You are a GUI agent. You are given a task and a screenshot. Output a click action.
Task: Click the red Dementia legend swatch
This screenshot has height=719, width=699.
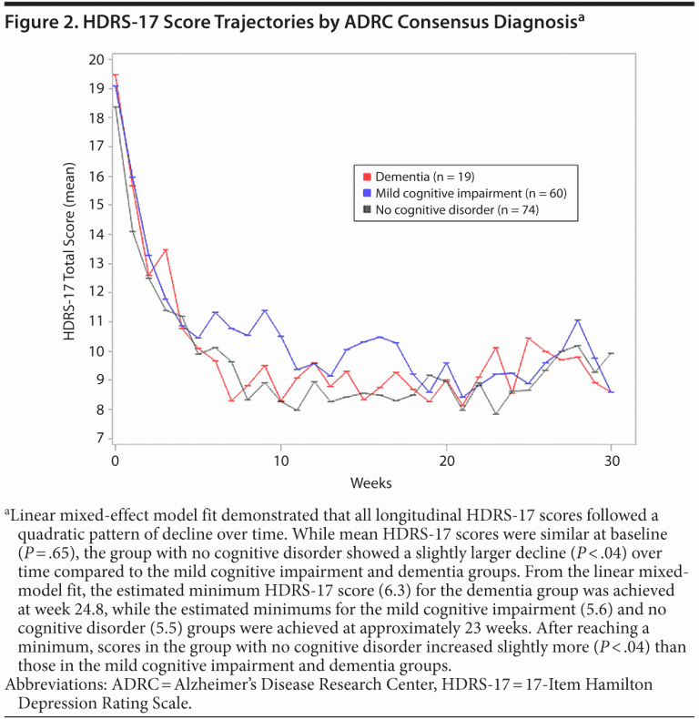pos(367,176)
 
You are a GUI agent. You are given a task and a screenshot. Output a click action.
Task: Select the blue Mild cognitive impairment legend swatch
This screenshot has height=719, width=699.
pos(367,193)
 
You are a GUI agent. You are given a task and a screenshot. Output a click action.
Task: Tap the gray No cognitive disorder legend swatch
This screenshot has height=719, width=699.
pos(367,209)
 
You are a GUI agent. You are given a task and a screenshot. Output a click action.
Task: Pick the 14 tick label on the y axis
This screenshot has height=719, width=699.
pos(97,234)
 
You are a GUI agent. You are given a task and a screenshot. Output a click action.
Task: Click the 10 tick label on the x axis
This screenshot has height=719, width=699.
pos(280,461)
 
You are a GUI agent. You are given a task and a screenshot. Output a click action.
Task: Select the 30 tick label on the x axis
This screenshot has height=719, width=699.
pos(612,461)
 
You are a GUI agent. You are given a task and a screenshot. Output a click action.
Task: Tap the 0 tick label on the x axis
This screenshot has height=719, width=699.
pos(116,461)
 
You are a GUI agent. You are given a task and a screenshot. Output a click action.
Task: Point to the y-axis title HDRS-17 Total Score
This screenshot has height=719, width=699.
pos(69,248)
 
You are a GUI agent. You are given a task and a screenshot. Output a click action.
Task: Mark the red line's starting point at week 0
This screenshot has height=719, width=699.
pos(116,75)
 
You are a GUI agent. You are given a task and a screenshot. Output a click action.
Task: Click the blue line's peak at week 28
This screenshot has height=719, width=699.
pos(578,320)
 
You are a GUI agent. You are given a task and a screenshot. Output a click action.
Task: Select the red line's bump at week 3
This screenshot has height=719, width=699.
pos(166,250)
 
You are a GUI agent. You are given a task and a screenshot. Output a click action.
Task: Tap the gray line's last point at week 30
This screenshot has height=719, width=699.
pos(612,353)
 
